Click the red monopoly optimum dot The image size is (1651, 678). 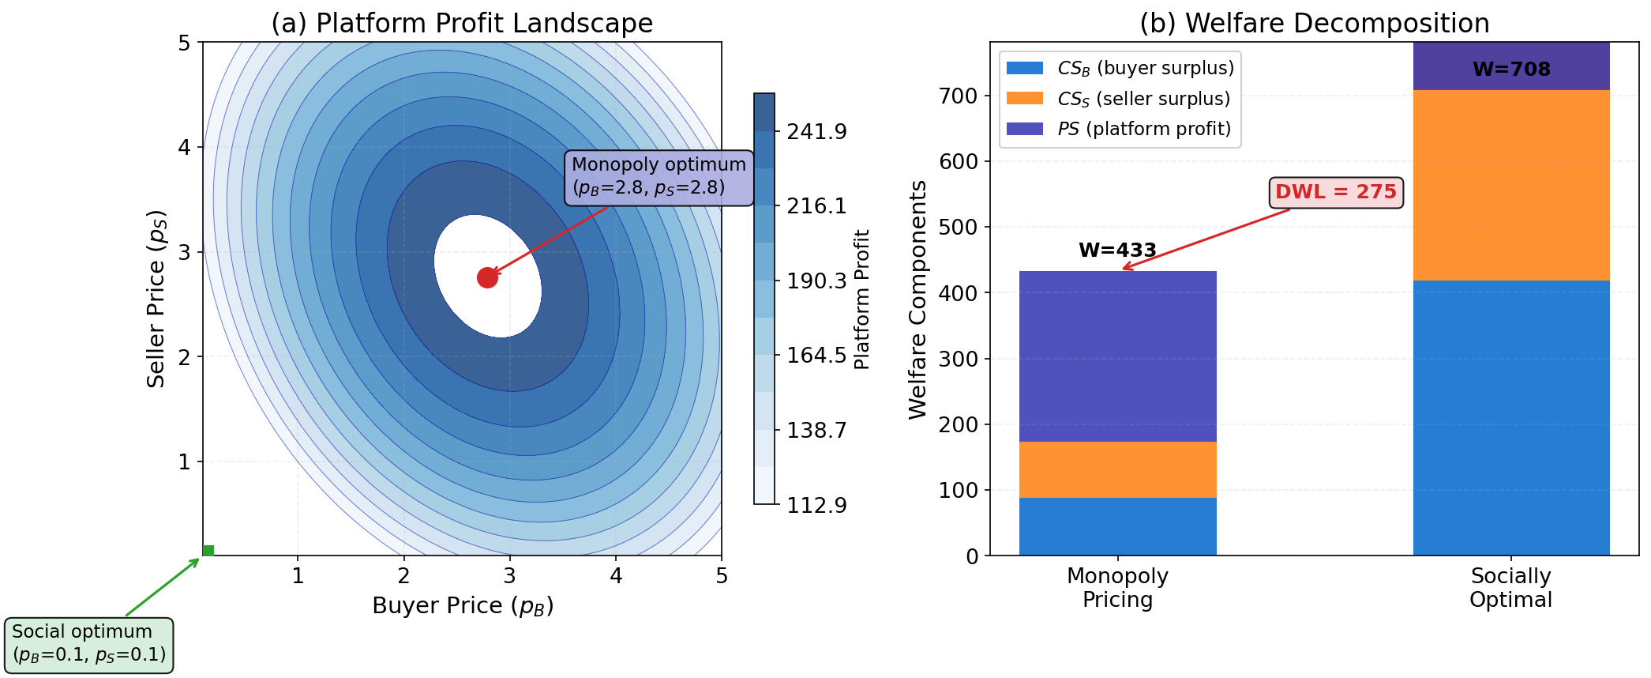tap(487, 277)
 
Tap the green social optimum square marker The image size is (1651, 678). tap(208, 551)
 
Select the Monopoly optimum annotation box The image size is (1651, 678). tap(659, 177)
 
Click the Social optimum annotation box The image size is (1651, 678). tap(88, 644)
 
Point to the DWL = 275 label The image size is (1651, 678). tap(1335, 192)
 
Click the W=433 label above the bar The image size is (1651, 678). tap(1117, 250)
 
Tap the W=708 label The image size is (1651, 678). tap(1510, 70)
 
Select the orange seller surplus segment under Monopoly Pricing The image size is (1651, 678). tap(1117, 469)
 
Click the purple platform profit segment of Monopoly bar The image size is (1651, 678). tap(1117, 356)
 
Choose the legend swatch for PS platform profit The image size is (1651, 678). tap(1024, 129)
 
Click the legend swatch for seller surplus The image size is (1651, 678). tap(1024, 99)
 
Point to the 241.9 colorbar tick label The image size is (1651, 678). tap(816, 132)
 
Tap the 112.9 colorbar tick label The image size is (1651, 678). tap(816, 505)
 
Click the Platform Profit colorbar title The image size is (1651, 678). tap(861, 299)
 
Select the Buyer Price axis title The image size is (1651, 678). tap(463, 606)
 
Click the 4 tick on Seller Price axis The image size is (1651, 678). tap(185, 148)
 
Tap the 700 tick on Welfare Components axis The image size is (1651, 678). tap(959, 96)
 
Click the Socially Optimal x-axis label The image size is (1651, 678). tap(1510, 588)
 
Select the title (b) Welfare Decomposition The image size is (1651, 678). tap(1314, 23)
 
